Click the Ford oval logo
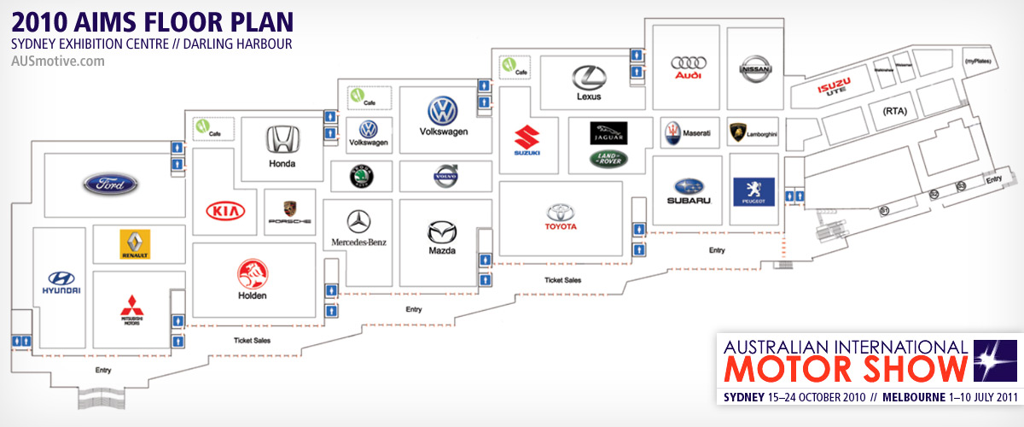110,184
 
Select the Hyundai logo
61,278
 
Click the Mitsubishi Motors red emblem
131,306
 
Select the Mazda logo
442,231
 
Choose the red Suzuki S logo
527,137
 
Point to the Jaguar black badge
608,132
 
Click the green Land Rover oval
608,158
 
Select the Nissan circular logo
753,69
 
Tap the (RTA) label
893,110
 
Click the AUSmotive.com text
58,61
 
